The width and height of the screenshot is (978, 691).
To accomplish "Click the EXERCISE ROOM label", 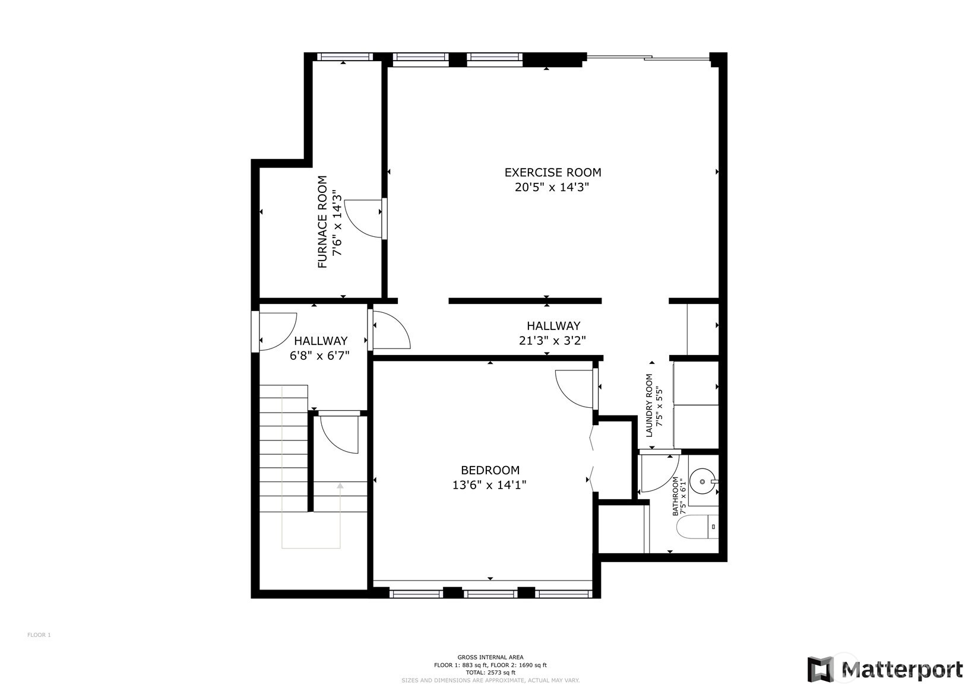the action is [553, 172].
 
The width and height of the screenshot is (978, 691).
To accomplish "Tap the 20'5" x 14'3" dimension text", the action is [552, 187].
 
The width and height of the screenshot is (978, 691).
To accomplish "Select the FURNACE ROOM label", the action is [322, 222].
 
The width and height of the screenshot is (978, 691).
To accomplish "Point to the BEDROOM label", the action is [490, 470].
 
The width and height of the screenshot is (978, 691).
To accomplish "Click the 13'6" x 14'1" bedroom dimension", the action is [489, 485].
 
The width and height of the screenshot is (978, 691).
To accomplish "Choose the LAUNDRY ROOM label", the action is [649, 405].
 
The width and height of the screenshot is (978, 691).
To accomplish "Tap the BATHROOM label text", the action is [675, 496].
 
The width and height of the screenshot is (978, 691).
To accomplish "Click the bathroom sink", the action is [702, 481].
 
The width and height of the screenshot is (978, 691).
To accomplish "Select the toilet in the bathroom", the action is [697, 527].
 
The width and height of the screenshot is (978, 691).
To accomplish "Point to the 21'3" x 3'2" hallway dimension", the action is [552, 341].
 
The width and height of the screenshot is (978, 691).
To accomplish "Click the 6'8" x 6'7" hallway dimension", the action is [320, 356].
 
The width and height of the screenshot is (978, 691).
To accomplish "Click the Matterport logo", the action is [885, 669].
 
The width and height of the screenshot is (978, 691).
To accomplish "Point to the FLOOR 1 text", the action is [39, 635].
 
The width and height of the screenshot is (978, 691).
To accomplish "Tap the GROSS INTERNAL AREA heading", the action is [490, 657].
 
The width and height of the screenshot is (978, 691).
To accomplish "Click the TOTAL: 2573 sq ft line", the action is [490, 672].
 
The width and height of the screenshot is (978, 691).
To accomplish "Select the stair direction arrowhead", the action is [340, 486].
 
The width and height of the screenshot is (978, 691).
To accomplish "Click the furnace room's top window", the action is [345, 57].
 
